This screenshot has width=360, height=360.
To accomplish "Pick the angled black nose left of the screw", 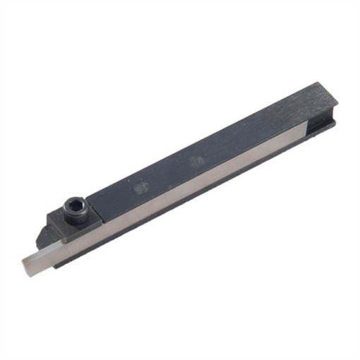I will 52,226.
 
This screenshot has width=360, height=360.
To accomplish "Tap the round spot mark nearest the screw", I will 141,188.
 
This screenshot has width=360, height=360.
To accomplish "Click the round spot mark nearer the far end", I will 198,161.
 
